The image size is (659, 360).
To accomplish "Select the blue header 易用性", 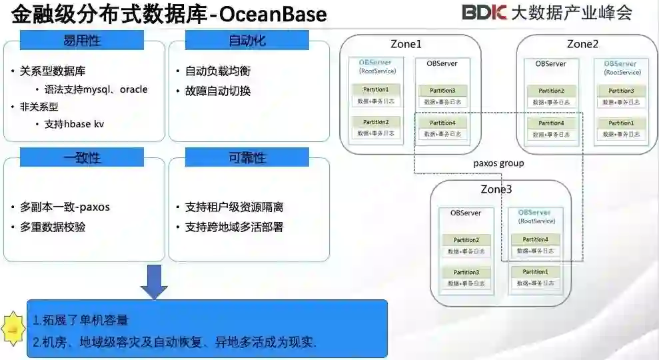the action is pyautogui.click(x=82, y=41).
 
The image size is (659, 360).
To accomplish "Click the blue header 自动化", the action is pyautogui.click(x=247, y=41).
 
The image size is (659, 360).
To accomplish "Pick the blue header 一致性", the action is pyautogui.click(x=82, y=157).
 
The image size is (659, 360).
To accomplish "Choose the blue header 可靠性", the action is pyautogui.click(x=247, y=157).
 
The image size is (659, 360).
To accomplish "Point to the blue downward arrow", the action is pyautogui.click(x=154, y=281).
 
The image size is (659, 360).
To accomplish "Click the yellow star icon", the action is pyautogui.click(x=13, y=326).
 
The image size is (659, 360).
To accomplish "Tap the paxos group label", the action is pyautogui.click(x=498, y=163).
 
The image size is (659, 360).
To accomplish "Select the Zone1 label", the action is pyautogui.click(x=405, y=45).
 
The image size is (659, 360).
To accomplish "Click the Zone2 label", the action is pyautogui.click(x=582, y=45).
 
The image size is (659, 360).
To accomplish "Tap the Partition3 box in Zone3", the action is pyautogui.click(x=466, y=272).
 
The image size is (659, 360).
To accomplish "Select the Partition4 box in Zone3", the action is pyautogui.click(x=535, y=239).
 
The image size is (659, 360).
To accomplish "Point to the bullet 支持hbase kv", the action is pyautogui.click(x=74, y=124).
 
